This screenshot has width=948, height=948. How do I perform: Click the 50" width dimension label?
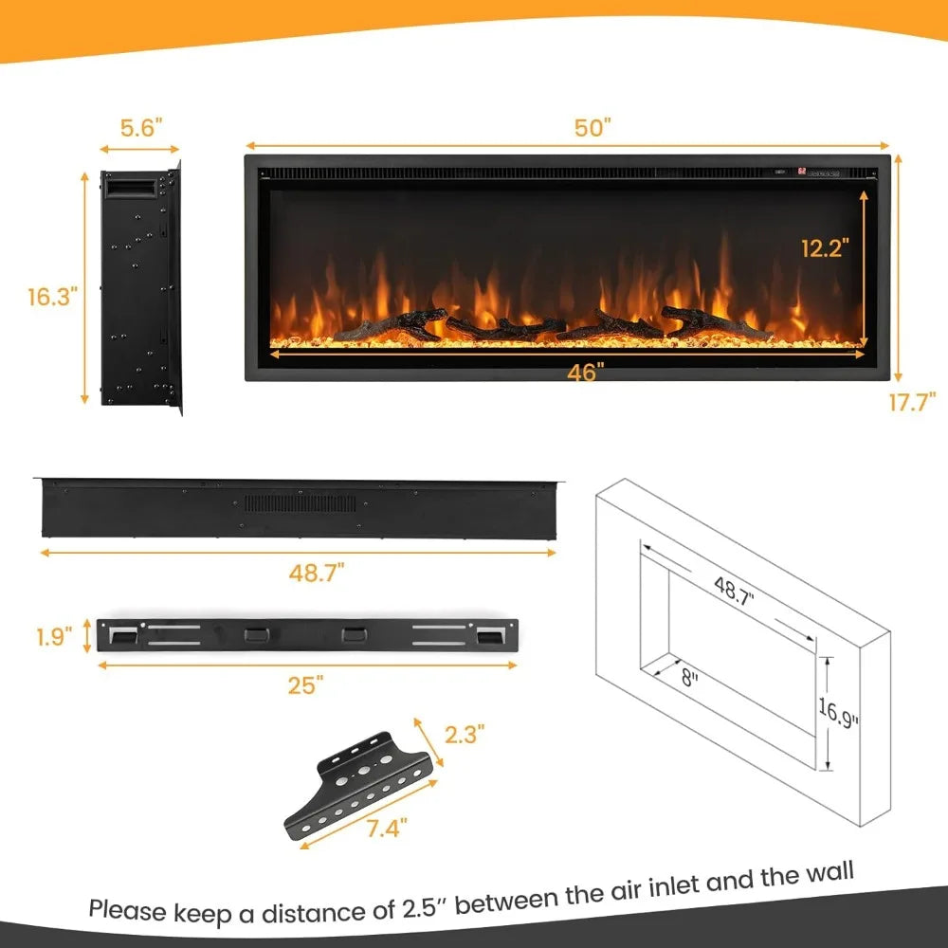tap(593, 128)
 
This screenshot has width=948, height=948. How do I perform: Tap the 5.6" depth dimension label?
tap(140, 128)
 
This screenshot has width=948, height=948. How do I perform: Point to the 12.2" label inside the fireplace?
tap(821, 247)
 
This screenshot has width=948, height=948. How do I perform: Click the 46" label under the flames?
tap(587, 374)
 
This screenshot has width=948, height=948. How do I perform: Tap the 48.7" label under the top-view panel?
tap(317, 572)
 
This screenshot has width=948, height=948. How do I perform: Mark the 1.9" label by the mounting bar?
tap(55, 636)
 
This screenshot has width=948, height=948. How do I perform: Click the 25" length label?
tap(306, 685)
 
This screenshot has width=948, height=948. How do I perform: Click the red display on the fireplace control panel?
tap(801, 172)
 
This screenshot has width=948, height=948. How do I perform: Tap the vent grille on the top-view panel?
tap(301, 502)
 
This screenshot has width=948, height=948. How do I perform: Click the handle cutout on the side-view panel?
tap(131, 189)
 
